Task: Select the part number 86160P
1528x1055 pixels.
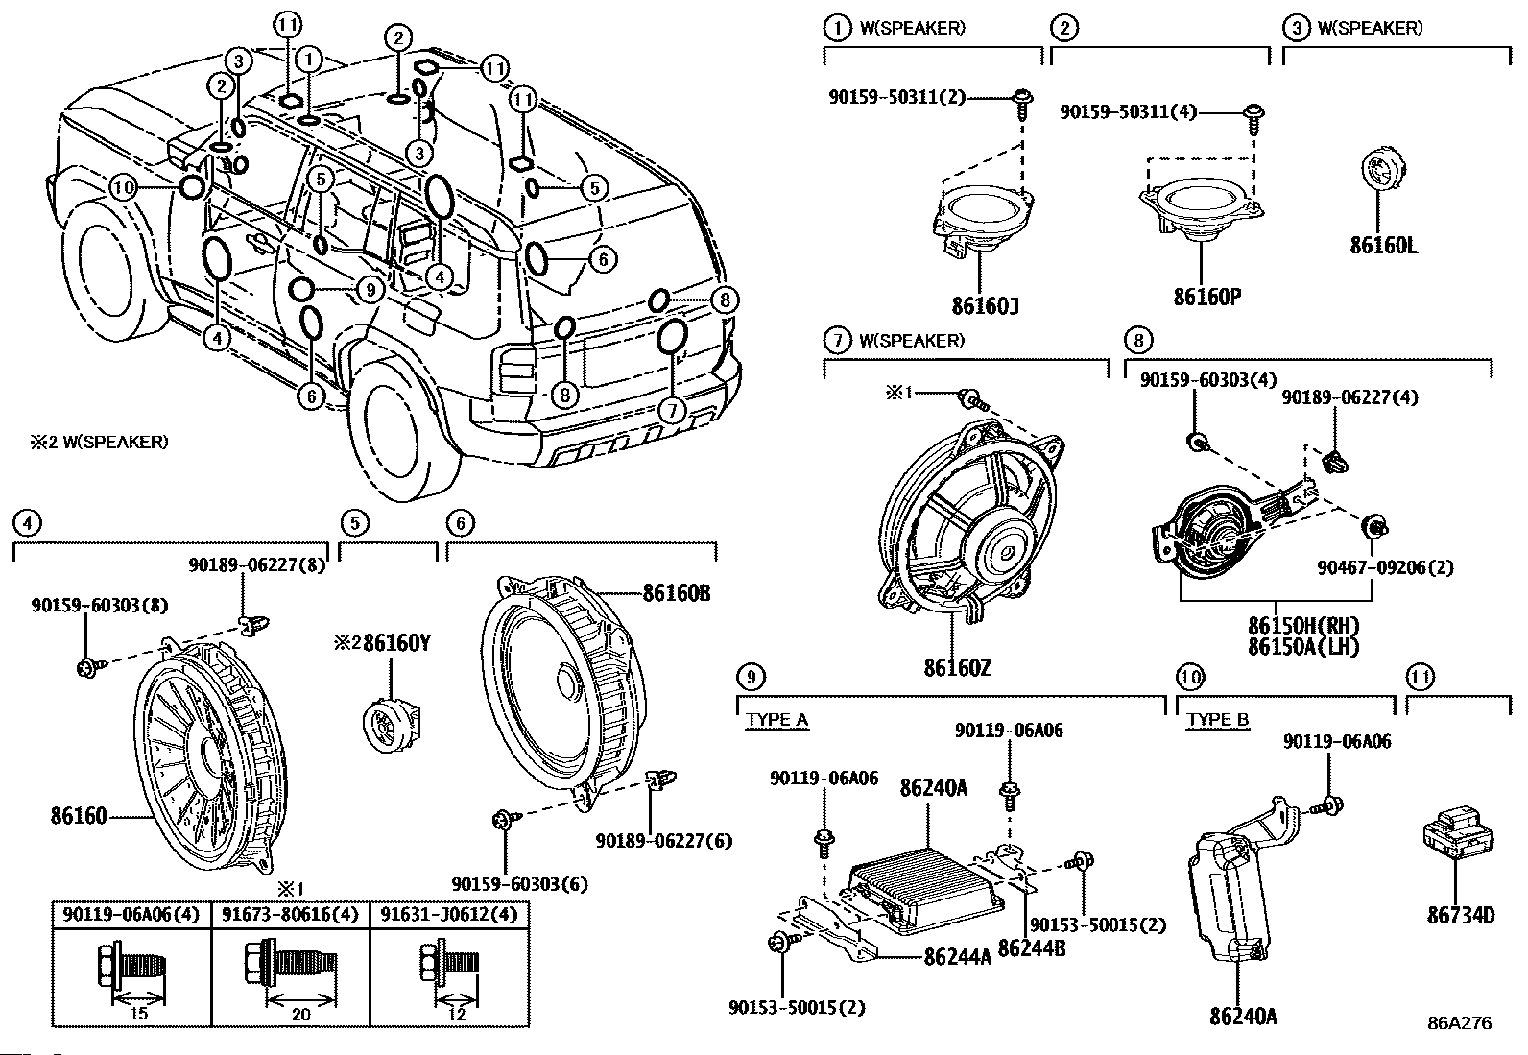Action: [x=1206, y=296]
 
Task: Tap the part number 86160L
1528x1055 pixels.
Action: [x=1383, y=245]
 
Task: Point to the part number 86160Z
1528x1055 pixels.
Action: [x=958, y=665]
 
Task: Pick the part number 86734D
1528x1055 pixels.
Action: [x=1460, y=915]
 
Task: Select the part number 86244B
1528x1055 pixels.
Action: [x=1032, y=947]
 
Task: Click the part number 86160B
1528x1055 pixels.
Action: [x=677, y=592]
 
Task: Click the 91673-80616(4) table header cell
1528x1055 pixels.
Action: [x=290, y=914]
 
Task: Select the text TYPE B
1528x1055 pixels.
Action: [x=1217, y=720]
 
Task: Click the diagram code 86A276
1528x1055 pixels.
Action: [x=1459, y=1023]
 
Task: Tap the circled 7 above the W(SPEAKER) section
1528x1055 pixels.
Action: [x=837, y=340]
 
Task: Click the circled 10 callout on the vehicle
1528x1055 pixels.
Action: [x=123, y=187]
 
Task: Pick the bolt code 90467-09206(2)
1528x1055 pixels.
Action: [x=1397, y=567]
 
